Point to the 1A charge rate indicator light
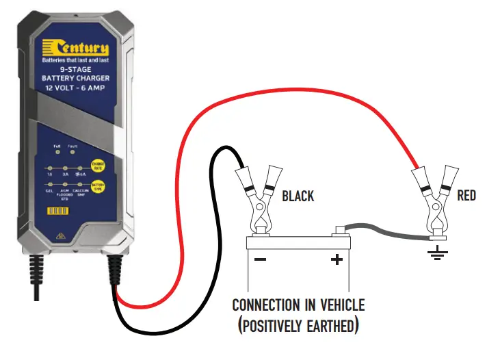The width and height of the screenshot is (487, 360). (50, 168)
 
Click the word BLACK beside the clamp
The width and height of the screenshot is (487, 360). (298, 196)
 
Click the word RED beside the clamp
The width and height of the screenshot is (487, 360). (466, 196)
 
